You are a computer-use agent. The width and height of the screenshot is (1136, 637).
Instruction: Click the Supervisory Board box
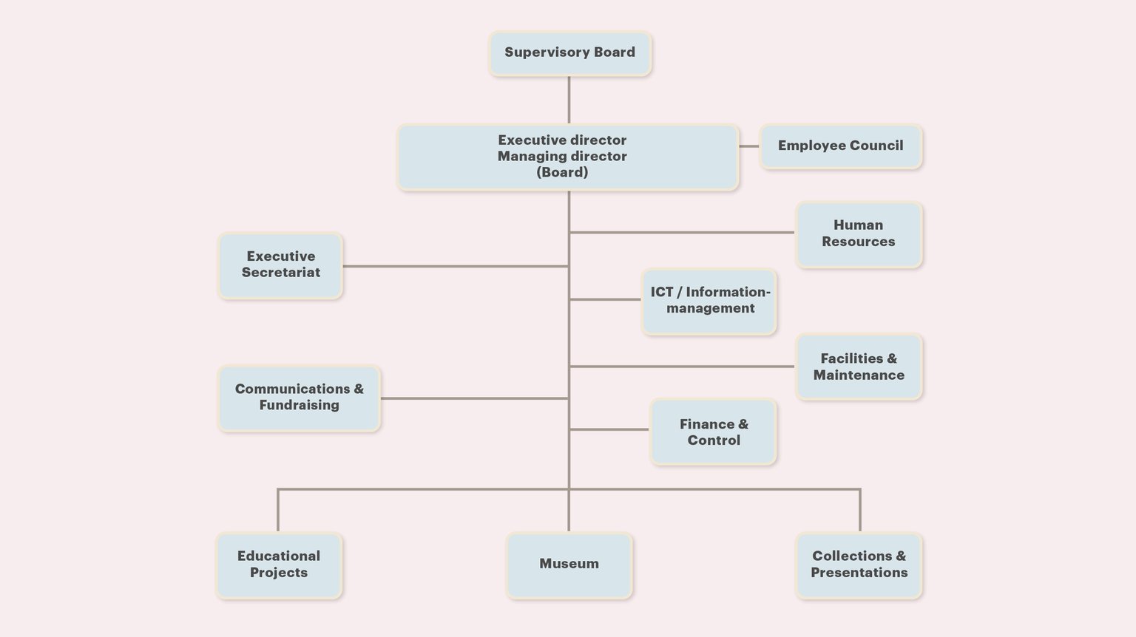click(x=570, y=54)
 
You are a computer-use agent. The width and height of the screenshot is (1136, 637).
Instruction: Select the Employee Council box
click(x=841, y=146)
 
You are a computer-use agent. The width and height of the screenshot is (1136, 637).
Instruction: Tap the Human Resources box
click(x=859, y=235)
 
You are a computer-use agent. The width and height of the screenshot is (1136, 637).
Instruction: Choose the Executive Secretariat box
click(x=280, y=265)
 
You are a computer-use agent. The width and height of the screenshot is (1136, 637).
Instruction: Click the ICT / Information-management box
click(x=709, y=302)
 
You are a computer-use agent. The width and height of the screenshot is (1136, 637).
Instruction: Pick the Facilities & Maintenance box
click(x=859, y=367)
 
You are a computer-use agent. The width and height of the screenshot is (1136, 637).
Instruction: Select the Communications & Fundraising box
click(x=300, y=398)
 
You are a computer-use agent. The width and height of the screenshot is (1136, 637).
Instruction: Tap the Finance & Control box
click(x=713, y=432)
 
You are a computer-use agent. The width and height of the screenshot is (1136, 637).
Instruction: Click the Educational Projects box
click(x=279, y=565)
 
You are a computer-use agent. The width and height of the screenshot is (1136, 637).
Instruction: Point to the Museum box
click(x=569, y=565)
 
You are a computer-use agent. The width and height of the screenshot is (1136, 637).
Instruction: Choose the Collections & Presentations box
click(x=859, y=565)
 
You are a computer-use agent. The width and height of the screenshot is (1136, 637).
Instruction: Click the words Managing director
click(x=562, y=156)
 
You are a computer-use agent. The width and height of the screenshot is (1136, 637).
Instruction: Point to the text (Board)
click(x=562, y=172)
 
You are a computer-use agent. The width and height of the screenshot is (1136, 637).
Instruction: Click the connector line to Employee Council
click(x=749, y=146)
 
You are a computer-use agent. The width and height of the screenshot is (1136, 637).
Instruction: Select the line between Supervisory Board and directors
click(x=569, y=100)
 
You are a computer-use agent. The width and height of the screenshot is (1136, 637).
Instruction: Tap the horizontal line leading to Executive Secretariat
click(x=455, y=266)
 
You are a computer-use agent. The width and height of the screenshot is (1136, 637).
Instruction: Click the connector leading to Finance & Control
click(x=609, y=429)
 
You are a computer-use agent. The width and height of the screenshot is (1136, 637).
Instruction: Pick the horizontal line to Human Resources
click(x=682, y=233)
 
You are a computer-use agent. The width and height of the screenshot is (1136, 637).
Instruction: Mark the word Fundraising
click(x=300, y=405)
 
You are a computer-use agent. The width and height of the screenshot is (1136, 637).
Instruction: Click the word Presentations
click(x=859, y=572)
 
